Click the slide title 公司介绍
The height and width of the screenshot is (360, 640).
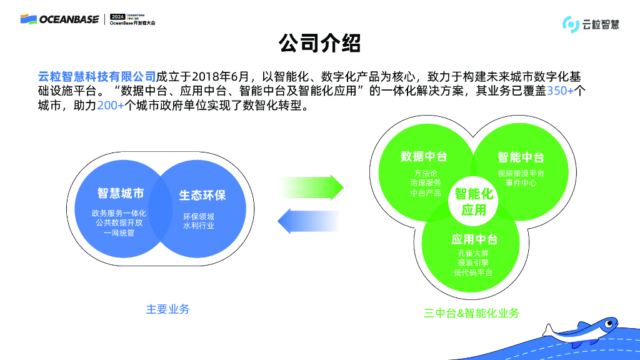(319, 44)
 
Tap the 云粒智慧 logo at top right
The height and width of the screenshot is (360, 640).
(591, 24)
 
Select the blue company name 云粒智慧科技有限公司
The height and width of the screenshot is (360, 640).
(97, 77)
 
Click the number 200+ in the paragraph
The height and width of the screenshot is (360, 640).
(111, 106)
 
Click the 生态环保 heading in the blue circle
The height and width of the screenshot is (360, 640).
(202, 195)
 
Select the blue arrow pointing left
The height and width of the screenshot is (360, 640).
(309, 220)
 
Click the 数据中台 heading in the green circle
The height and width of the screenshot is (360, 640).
(424, 156)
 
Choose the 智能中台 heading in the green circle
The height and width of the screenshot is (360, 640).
(521, 157)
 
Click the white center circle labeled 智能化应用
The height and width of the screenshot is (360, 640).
(474, 201)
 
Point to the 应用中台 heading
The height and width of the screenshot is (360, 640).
(474, 239)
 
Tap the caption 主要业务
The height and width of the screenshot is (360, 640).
(167, 309)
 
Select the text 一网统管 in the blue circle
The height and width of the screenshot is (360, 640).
(119, 233)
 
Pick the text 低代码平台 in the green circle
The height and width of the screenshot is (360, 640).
(473, 273)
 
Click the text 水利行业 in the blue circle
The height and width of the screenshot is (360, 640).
(199, 226)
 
